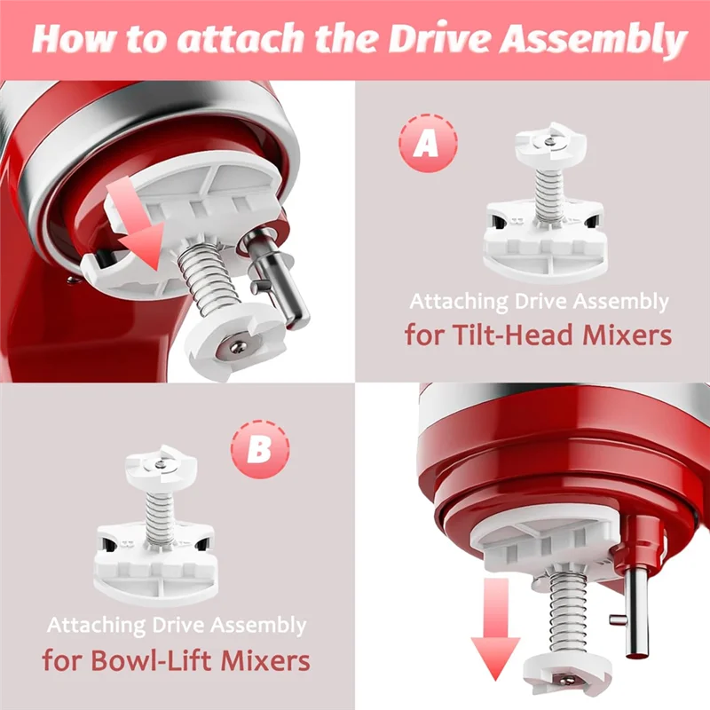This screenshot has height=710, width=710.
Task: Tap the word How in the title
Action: pyautogui.click(x=75, y=39)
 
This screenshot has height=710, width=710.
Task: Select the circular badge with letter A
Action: pyautogui.click(x=428, y=143)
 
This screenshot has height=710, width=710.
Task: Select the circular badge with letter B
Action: pyautogui.click(x=260, y=449)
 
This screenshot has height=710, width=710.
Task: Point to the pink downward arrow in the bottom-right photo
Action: pyautogui.click(x=495, y=628)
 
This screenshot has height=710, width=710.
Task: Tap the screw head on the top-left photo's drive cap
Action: pyautogui.click(x=238, y=346)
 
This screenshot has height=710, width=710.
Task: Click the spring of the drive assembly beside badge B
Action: pyautogui.click(x=160, y=517)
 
